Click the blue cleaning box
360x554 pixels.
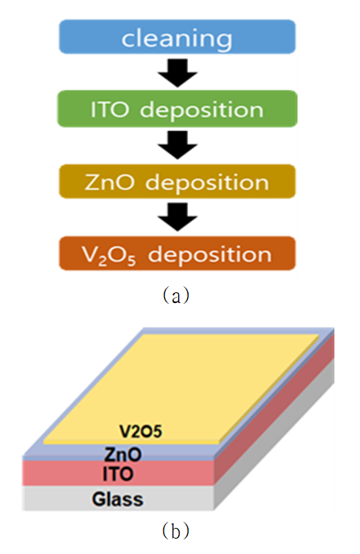pyautogui.click(x=177, y=37)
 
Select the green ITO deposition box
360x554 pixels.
pyautogui.click(x=177, y=109)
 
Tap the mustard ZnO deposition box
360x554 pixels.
pyautogui.click(x=177, y=181)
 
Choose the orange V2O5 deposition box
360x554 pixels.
pyautogui.click(x=177, y=253)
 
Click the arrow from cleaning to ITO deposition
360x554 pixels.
pyautogui.click(x=177, y=73)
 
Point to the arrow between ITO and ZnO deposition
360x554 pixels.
pyautogui.click(x=177, y=145)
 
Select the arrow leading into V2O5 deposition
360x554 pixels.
pyautogui.click(x=177, y=217)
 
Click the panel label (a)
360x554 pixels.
pyautogui.click(x=176, y=295)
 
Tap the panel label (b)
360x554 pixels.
pyautogui.click(x=176, y=530)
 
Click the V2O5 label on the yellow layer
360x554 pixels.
pyautogui.click(x=140, y=431)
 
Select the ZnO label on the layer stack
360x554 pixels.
pyautogui.click(x=123, y=454)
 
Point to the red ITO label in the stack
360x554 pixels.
pyautogui.click(x=118, y=474)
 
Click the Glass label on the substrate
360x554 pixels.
pyautogui.click(x=117, y=500)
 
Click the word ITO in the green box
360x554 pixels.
pyautogui.click(x=110, y=109)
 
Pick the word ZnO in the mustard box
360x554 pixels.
pyautogui.click(x=110, y=183)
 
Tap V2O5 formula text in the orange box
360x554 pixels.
pyautogui.click(x=109, y=255)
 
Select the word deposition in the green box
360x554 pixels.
pyautogui.click(x=202, y=110)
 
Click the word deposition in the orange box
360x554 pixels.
pyautogui.click(x=210, y=255)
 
